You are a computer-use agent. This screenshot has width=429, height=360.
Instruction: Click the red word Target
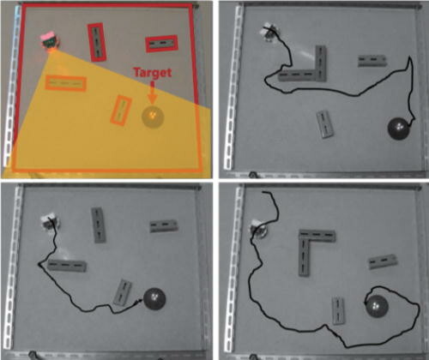pyautogui.click(x=153, y=73)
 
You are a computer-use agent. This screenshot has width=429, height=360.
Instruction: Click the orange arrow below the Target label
pyautogui.click(x=153, y=93)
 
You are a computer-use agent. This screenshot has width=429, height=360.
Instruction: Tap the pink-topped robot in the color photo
pyautogui.click(x=51, y=42)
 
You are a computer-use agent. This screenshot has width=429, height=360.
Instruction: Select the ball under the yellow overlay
pyautogui.click(x=153, y=117)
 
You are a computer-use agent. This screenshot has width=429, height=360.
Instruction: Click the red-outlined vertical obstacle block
pyautogui.click(x=97, y=42)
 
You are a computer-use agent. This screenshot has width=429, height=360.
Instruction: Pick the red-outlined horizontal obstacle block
pyautogui.click(x=161, y=44)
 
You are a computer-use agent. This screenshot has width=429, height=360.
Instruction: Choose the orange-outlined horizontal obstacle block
pyautogui.click(x=66, y=83)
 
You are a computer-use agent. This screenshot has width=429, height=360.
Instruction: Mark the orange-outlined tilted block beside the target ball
pyautogui.click(x=121, y=111)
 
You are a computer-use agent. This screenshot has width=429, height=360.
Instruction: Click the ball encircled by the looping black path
pyautogui.click(x=378, y=306)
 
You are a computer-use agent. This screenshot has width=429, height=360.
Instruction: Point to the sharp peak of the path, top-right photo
pyautogui.click(x=410, y=57)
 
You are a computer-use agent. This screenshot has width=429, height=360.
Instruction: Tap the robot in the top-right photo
pyautogui.click(x=269, y=32)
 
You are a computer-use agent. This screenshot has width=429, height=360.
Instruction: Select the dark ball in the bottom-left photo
pyautogui.click(x=154, y=299)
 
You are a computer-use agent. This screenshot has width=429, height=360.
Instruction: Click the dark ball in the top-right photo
pyautogui.click(x=399, y=129)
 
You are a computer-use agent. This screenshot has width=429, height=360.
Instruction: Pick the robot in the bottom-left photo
pyautogui.click(x=51, y=221)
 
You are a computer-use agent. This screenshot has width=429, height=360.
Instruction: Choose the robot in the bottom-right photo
pyautogui.click(x=258, y=228)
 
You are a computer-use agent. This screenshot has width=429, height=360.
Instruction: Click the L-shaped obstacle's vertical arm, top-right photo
pyautogui.click(x=321, y=63)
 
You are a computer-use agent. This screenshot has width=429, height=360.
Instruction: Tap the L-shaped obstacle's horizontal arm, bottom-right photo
pyautogui.click(x=317, y=235)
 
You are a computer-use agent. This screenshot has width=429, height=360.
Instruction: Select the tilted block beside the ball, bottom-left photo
pyautogui.click(x=123, y=292)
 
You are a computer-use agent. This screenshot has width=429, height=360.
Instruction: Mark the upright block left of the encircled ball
pyautogui.click(x=338, y=311)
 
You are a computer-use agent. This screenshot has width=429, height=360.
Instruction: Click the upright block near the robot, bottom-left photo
pyautogui.click(x=99, y=225)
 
